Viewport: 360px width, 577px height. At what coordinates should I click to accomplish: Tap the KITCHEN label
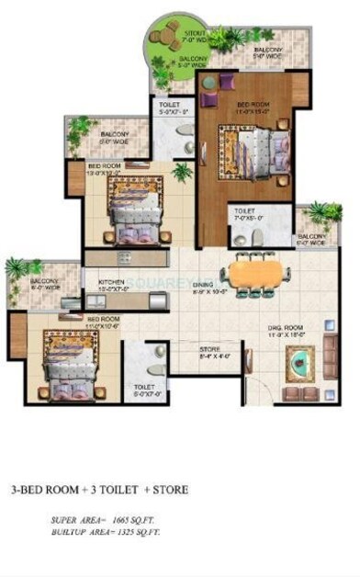point(111,282)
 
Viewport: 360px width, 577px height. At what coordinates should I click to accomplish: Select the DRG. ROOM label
point(286,327)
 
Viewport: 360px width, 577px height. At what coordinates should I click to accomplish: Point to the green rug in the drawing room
point(299,365)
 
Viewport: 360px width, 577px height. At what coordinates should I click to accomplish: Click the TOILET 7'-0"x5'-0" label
point(245,215)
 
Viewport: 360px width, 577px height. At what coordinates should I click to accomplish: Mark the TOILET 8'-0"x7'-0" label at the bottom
point(144,390)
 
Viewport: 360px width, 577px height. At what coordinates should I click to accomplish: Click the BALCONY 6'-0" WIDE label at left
point(46,284)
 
